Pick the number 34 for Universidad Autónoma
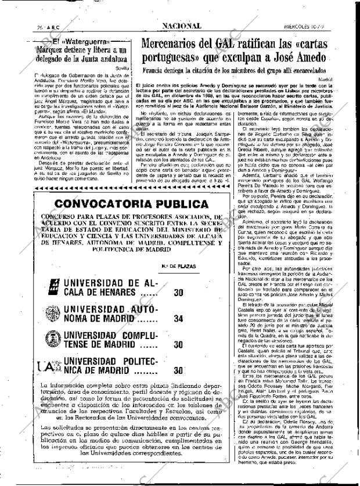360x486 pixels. tap(179, 319)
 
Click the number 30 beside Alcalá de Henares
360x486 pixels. tap(179, 292)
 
